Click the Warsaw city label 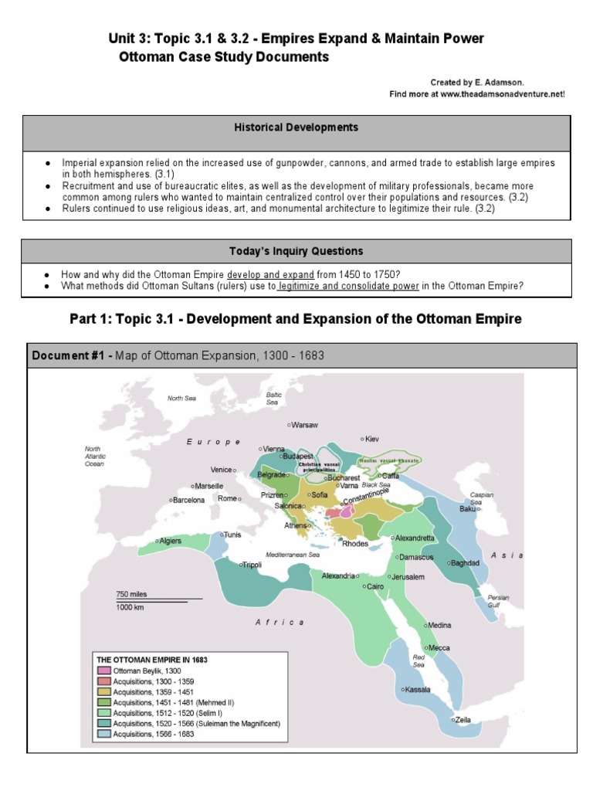coord(305,425)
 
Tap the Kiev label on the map coord(372,439)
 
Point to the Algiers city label coord(170,541)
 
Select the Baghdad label coord(465,562)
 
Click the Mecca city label coord(440,648)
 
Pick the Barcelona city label coord(188,500)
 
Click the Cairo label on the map coord(375,587)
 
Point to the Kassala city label coord(417,689)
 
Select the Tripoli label coord(252,565)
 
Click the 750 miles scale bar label coord(131,594)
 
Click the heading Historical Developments coord(296,127)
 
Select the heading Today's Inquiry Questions coord(296,251)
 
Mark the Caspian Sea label coord(482,499)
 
